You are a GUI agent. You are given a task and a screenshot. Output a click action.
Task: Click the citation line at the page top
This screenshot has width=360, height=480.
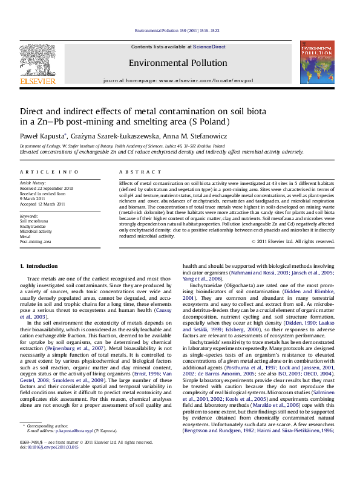(180, 30)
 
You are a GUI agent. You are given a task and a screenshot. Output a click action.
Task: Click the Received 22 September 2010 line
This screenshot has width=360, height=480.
(42, 187)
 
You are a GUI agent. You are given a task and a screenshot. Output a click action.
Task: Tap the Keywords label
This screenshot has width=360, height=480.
(30, 216)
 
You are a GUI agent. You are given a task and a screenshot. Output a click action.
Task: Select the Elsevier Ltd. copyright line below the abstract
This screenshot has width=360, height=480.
(295, 241)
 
